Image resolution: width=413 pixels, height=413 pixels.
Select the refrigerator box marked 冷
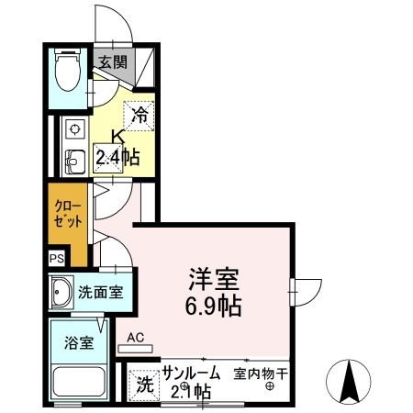[x=140, y=116]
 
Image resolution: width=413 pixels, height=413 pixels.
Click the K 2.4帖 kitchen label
[x=118, y=150]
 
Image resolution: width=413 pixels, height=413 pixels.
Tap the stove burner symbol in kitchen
[x=73, y=128]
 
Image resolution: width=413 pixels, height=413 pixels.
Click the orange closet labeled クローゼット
[x=68, y=217]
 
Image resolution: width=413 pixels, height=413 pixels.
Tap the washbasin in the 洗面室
[x=62, y=294]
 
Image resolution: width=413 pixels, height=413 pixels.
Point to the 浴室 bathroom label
[x=78, y=344]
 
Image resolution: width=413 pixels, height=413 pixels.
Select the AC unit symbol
[x=137, y=348]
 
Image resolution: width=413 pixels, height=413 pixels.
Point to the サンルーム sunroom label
[x=191, y=374]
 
